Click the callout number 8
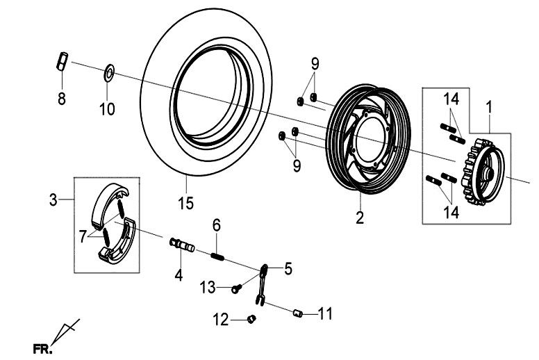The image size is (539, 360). [x=61, y=99]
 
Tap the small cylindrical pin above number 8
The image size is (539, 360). [x=60, y=61]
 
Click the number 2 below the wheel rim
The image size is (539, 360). [x=360, y=218]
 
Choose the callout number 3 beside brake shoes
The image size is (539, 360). [x=53, y=201]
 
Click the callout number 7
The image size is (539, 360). [x=83, y=236]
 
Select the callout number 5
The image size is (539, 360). [x=287, y=265]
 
